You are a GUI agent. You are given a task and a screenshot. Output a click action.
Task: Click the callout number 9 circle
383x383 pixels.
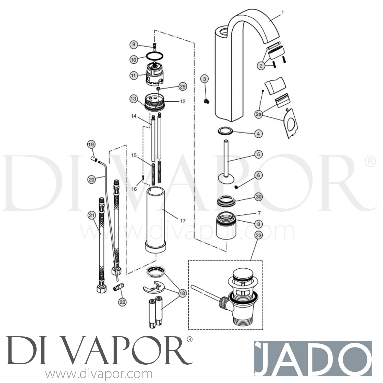point(133,45)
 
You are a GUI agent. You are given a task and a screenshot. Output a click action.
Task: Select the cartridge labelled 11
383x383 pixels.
point(154,75)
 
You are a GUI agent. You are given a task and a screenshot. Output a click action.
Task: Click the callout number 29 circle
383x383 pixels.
point(183,87)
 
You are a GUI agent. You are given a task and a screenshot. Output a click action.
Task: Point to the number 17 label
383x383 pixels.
point(183,221)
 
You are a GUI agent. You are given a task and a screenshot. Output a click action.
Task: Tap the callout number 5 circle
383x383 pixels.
point(258,154)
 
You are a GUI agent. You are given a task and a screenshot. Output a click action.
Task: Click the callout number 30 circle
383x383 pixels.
point(259,197)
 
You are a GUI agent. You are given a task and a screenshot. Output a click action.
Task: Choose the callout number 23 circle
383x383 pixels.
point(258,235)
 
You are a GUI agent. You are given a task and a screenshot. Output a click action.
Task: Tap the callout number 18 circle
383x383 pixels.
point(182,293)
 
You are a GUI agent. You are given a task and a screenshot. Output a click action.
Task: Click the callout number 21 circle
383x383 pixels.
point(91,216)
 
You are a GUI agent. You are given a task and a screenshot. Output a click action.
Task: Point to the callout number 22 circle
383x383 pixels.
point(123,302)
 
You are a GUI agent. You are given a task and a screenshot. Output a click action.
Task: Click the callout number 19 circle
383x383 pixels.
point(91,145)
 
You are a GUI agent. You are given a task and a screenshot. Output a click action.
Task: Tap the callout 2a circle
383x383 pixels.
point(259,115)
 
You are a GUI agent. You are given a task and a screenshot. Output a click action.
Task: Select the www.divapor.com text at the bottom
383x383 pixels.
point(99,374)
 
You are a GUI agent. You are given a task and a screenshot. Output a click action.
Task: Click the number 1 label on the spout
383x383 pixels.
point(282,12)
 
